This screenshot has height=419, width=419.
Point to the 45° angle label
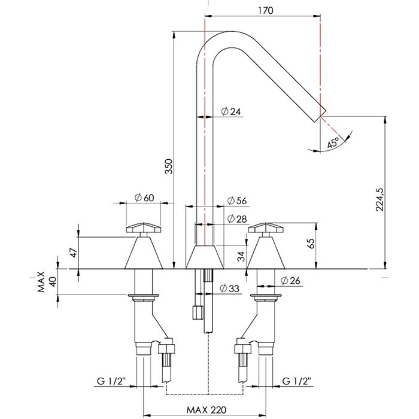(x=333, y=142)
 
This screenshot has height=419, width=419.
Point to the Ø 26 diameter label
(x=291, y=280)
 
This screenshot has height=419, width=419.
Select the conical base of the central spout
(x=205, y=257)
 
